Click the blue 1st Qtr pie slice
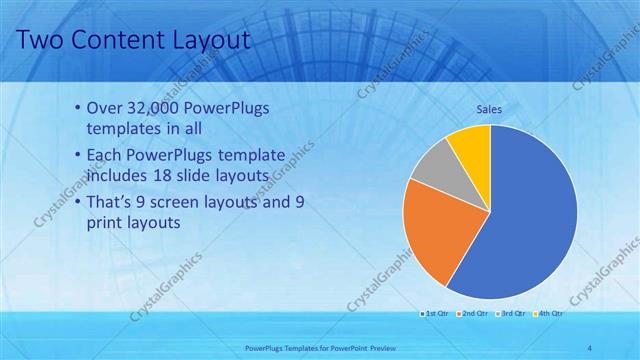530,230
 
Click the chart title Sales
489,109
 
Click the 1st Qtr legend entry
435,314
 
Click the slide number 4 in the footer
590,347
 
